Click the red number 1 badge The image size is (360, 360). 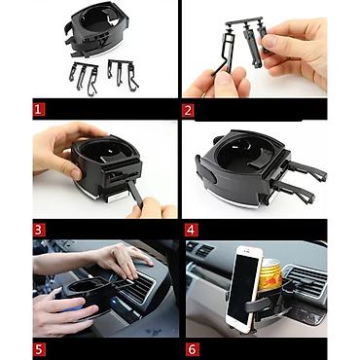38,110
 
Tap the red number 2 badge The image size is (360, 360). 188,111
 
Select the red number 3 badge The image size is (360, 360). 39,230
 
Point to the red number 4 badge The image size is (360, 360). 191,230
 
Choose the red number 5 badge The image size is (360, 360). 39,349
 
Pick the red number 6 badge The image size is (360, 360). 192,349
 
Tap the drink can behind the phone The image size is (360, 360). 270,273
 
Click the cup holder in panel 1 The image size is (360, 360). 96,32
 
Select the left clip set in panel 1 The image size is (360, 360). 84,78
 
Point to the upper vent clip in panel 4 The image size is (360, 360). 306,170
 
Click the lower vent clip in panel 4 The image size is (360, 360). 295,192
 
